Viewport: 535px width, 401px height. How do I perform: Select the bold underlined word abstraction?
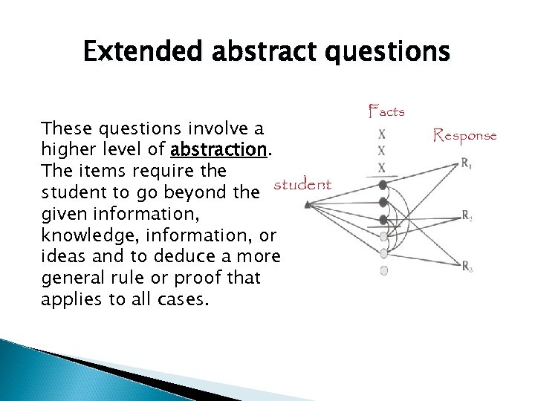click(218, 150)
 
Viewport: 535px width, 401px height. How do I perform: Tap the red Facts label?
click(386, 112)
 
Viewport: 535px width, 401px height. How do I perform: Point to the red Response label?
click(466, 135)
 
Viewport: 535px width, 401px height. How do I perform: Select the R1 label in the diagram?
click(465, 164)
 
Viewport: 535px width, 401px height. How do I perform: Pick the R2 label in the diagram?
click(466, 216)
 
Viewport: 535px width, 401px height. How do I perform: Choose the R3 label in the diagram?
click(466, 267)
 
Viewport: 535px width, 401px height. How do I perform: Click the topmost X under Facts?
click(382, 135)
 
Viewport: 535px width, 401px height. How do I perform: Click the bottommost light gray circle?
click(383, 271)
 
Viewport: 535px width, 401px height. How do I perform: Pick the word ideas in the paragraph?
click(61, 257)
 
